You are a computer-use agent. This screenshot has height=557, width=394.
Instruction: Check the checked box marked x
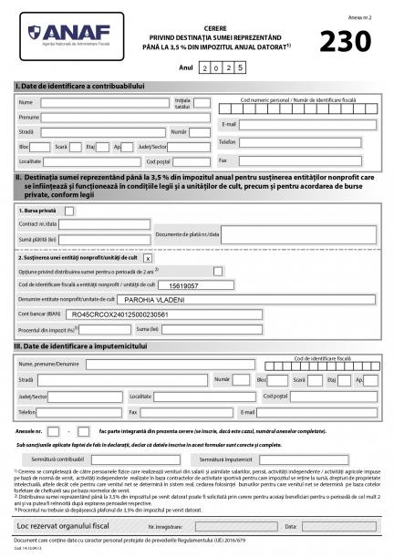148,259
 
